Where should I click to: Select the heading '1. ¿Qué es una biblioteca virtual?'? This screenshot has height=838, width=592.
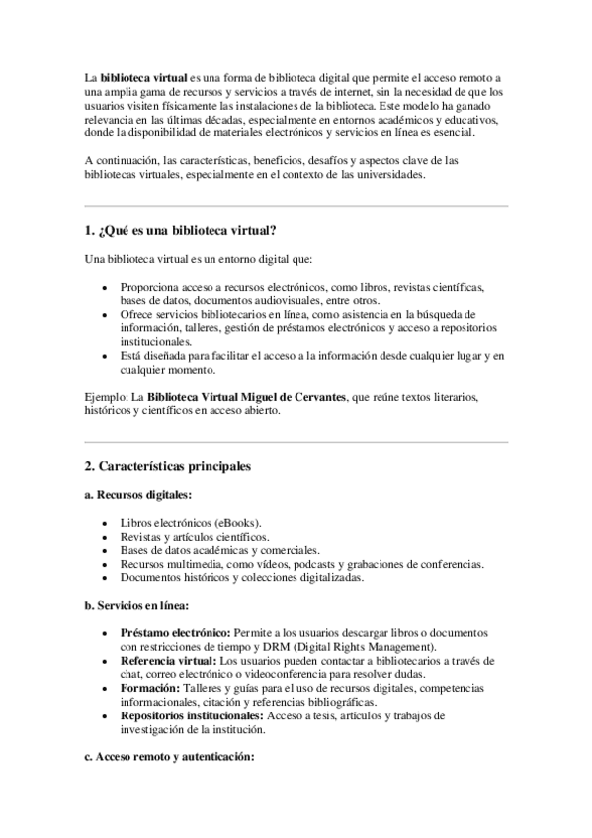tap(181, 231)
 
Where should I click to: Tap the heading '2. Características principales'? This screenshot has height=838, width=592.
tap(168, 465)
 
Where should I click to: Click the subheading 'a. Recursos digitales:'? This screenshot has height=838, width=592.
tap(138, 494)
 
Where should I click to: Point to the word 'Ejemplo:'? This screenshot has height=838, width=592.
tap(106, 397)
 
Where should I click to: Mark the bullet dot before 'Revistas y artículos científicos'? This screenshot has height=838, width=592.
tap(106, 536)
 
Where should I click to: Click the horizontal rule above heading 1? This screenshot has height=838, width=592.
tap(296, 206)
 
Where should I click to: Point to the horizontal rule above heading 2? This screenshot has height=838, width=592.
tap(296, 441)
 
